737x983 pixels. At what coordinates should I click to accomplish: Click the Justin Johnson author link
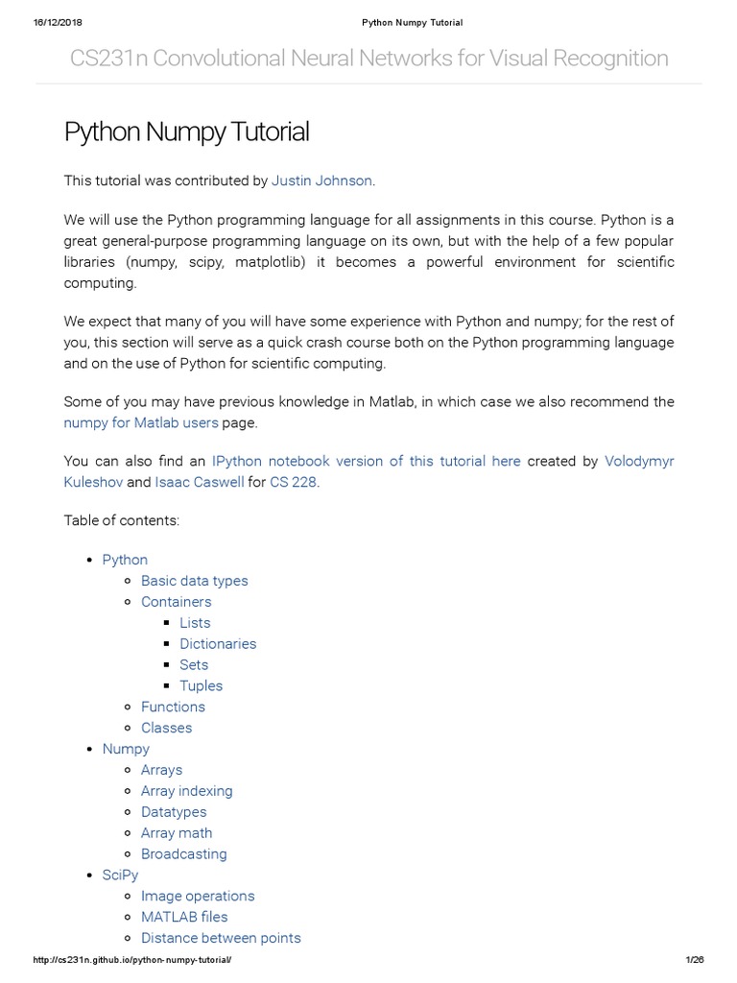321,180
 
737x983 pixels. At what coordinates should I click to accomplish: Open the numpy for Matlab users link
141,422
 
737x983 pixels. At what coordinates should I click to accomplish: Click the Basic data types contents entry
194,581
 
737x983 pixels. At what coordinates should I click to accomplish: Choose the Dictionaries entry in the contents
218,644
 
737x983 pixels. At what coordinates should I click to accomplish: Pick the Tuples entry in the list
201,685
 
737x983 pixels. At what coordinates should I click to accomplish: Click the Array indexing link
186,791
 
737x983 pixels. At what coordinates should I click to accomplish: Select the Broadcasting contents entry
183,854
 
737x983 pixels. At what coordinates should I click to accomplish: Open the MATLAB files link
184,917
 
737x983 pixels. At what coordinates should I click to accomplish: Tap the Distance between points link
221,938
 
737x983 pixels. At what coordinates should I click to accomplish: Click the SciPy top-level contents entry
120,875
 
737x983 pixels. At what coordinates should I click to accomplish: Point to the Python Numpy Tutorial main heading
186,132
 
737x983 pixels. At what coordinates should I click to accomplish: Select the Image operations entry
198,896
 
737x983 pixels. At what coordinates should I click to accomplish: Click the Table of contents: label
122,520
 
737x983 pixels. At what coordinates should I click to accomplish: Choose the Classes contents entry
166,728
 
